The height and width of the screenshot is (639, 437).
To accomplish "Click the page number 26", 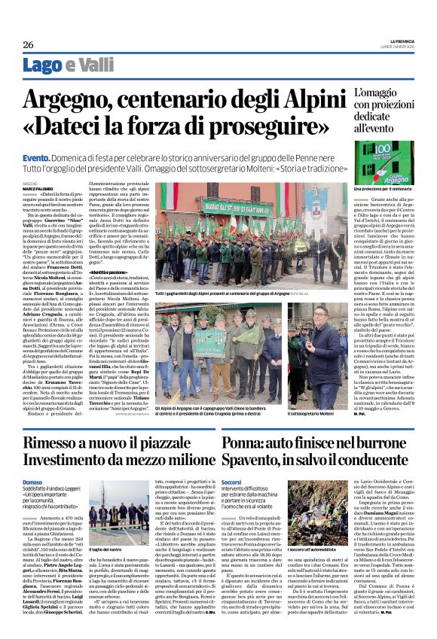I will coord(29,45).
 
